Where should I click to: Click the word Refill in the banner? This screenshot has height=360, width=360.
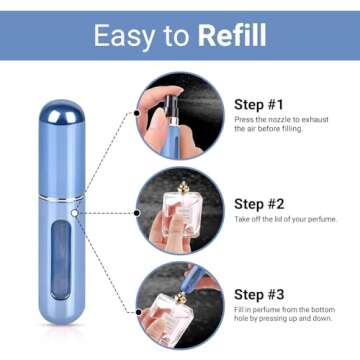pyautogui.click(x=231, y=35)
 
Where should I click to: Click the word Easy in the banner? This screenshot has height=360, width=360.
pyautogui.click(x=123, y=35)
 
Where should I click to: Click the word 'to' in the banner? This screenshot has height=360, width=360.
pyautogui.click(x=176, y=36)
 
